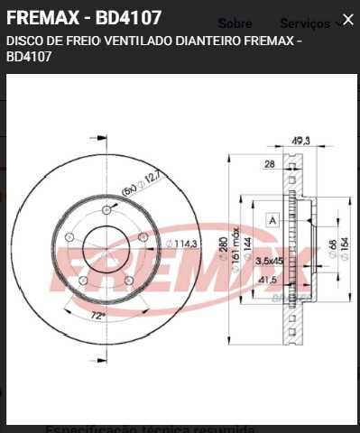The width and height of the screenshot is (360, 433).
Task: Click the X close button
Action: tap(347, 19)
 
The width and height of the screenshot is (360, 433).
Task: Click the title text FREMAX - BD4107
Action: tap(84, 18)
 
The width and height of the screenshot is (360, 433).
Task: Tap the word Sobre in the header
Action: tap(235, 23)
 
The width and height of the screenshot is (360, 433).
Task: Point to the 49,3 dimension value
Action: tap(300, 140)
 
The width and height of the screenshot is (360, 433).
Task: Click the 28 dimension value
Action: tap(269, 164)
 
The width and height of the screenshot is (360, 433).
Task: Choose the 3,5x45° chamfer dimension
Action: tap(269, 261)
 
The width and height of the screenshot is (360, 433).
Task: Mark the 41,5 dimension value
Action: tap(267, 281)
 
